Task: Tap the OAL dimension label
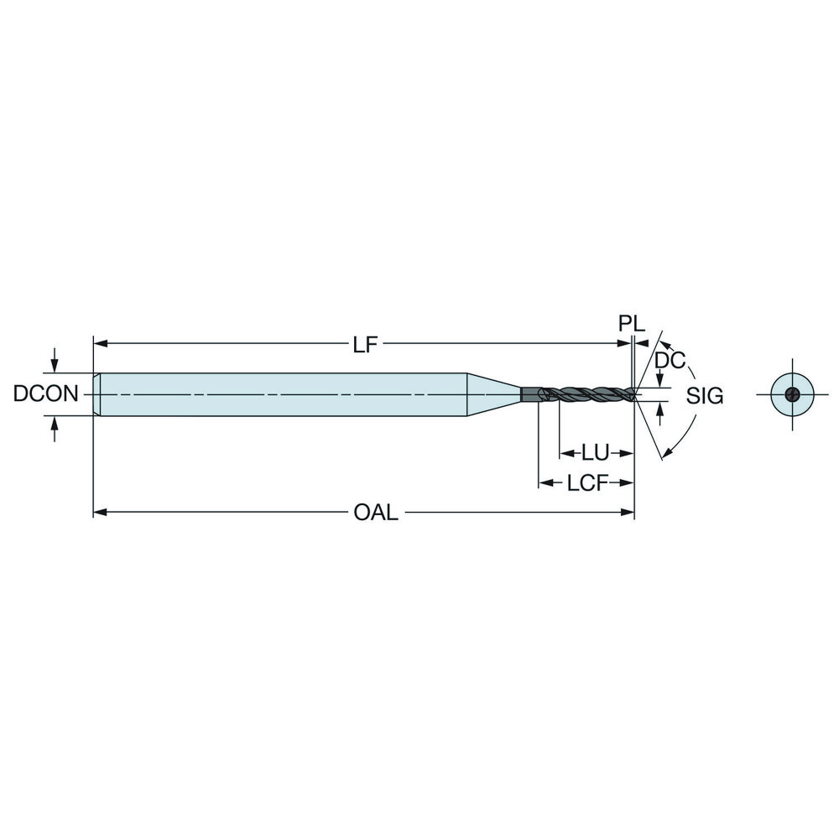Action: coord(375,512)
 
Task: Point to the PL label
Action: coord(632,324)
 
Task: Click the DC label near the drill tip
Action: coord(670,361)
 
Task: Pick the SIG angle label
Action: coord(704,396)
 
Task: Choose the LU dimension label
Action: coord(595,453)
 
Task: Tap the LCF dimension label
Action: coord(586,483)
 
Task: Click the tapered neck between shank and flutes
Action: coord(493,393)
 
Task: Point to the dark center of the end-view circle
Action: coord(791,395)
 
